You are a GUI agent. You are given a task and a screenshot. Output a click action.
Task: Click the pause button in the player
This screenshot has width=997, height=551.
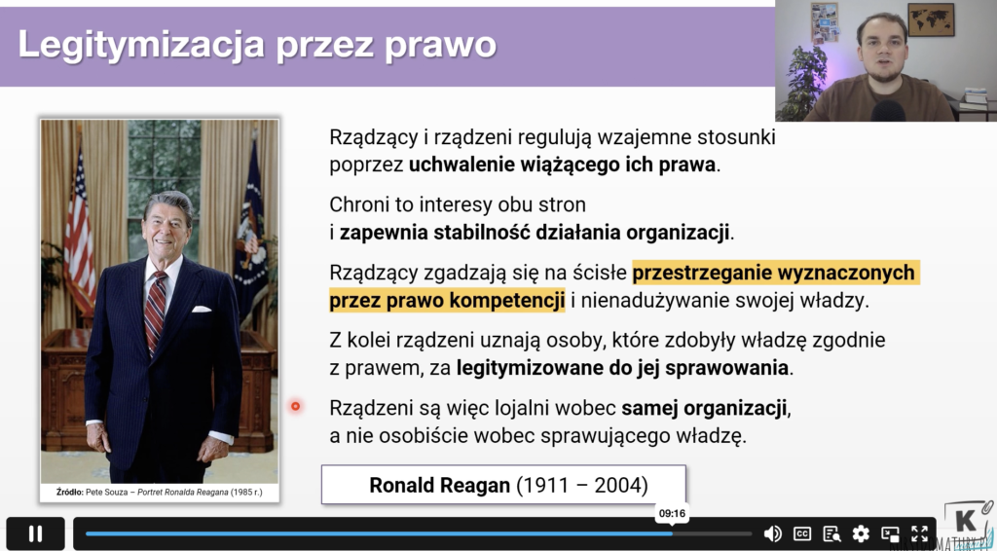pos(36,533)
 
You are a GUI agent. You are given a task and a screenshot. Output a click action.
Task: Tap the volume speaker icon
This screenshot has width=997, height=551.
pos(772,533)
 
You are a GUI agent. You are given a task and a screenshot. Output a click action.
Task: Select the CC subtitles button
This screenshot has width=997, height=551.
pos(802,533)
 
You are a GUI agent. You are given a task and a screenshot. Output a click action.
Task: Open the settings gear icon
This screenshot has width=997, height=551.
pos(861,533)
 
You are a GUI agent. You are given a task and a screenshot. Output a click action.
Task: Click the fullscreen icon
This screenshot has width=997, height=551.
pos(919,533)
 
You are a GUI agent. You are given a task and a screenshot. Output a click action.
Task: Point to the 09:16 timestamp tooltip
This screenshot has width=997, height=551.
pos(672,513)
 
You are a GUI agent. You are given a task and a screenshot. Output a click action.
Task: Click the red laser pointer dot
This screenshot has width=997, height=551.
pos(296,406)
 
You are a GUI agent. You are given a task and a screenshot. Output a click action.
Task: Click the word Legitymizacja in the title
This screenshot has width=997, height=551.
pos(136,45)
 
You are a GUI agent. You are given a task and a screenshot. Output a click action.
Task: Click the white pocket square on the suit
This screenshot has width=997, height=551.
pos(201,310)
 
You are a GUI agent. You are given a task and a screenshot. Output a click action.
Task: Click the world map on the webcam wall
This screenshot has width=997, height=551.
pos(931,19)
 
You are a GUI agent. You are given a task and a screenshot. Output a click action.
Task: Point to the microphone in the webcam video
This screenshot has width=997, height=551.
pos(888,111)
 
